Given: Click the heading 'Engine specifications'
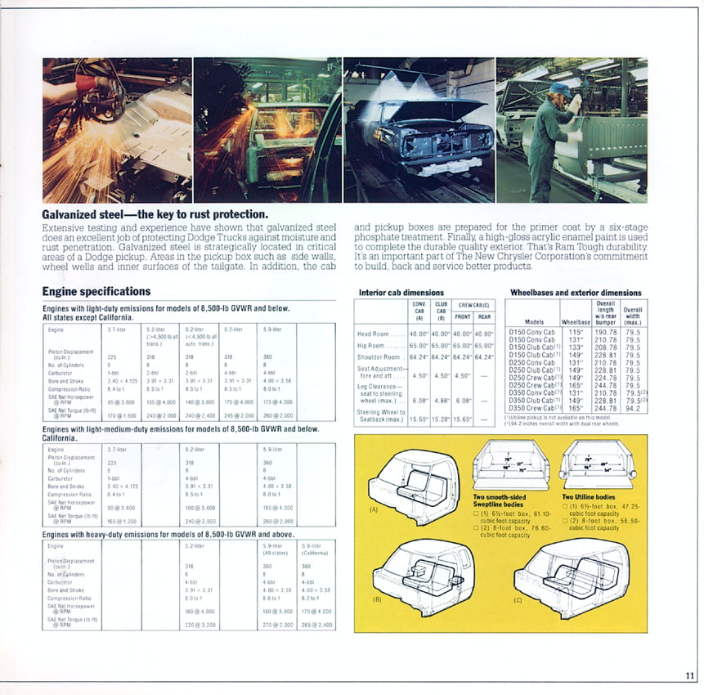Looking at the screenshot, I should [96, 292].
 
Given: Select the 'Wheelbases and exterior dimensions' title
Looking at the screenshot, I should [576, 293].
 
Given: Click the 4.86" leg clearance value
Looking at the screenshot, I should [442, 401].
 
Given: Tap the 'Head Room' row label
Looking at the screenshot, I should [376, 334].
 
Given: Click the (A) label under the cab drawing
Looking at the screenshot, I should [374, 509].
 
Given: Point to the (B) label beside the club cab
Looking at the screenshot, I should [376, 599].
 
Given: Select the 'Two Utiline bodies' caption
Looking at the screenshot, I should [590, 497].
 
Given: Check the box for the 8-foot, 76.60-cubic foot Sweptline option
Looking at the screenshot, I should [476, 529].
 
